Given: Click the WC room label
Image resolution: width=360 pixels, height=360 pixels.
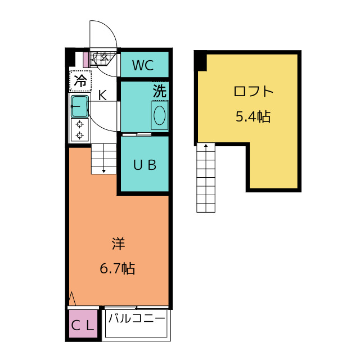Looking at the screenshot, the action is coord(143,65).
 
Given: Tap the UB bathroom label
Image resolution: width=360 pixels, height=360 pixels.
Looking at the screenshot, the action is coord(145,165).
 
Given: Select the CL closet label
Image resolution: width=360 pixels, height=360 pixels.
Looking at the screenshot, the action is coord(83,325).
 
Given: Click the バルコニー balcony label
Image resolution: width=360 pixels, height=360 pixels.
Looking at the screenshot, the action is coord(137,318).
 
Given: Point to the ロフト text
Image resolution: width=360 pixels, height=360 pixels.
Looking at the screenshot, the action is coord(254,91).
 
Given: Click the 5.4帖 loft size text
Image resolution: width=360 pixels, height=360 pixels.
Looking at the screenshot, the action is coord(253,116).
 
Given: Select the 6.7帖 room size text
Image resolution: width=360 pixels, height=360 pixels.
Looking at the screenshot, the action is coord(118,268).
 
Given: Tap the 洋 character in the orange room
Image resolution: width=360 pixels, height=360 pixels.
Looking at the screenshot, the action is coord(118,244).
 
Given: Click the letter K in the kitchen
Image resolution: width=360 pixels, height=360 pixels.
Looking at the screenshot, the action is coord(102,95).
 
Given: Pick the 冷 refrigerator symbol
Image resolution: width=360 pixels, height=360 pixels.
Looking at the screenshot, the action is coord(80,81).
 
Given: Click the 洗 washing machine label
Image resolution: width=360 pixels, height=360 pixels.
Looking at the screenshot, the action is coord(160,91).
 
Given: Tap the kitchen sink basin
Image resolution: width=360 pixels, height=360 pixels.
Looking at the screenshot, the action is coord(80,106).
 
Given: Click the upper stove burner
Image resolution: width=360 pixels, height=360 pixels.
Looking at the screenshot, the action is coord(80,124).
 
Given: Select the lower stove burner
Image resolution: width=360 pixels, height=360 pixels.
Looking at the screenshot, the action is coord(80,136).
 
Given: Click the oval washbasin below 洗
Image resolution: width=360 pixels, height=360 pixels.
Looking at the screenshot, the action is coord(159,115).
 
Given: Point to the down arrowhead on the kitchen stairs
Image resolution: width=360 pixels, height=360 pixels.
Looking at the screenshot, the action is coord(103,171).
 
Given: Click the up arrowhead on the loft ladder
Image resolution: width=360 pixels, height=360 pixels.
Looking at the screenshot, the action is coord(206,146).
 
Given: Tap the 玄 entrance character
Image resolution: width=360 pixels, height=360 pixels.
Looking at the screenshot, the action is coord(105,57).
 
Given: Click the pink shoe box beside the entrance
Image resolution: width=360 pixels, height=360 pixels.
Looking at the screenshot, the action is coord(85,60).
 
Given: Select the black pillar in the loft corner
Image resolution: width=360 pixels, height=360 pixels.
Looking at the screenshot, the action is coord(201,61).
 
